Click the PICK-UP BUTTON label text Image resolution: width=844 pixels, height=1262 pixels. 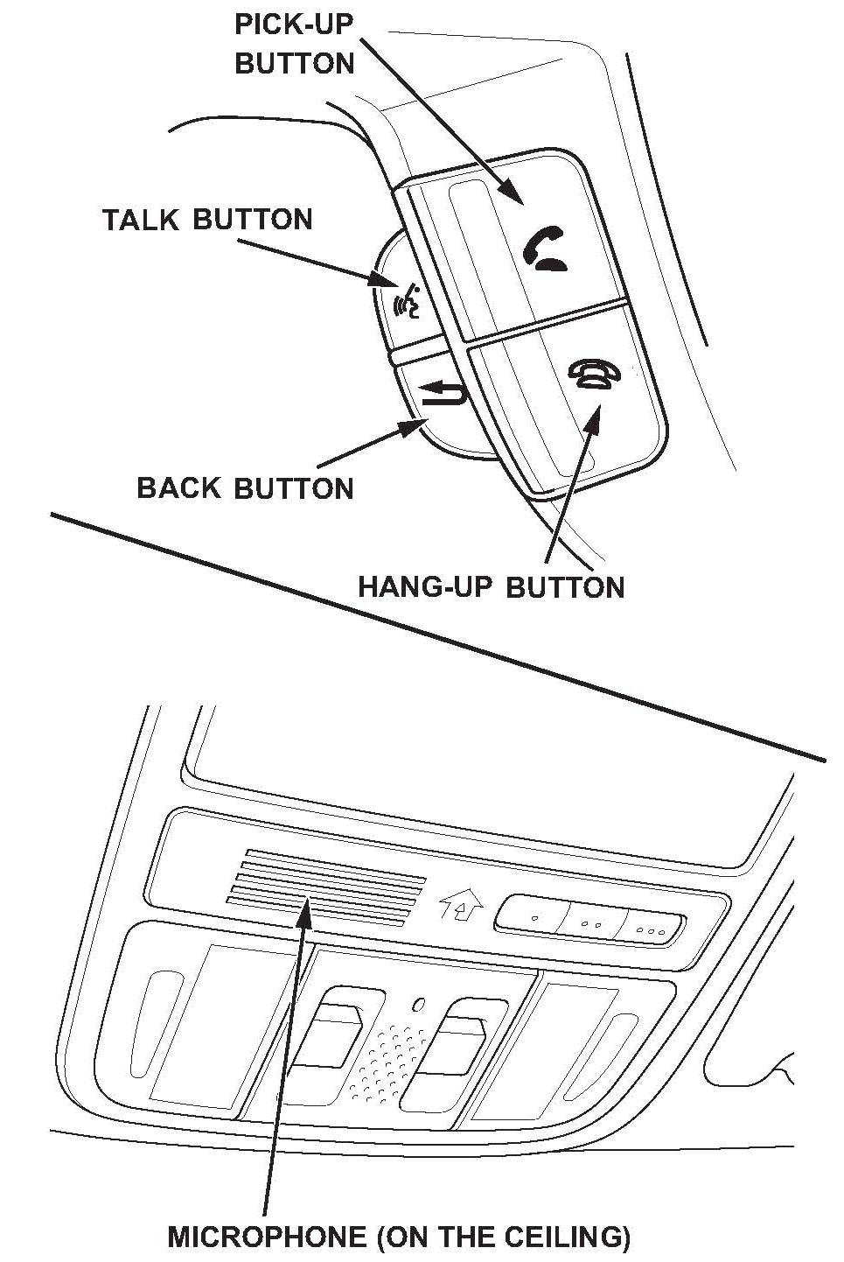pos(294,44)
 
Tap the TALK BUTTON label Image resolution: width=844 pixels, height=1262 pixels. pos(207,219)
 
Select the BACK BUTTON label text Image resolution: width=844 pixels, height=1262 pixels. pos(245,487)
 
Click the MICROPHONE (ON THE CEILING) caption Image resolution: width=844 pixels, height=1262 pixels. pos(399,1237)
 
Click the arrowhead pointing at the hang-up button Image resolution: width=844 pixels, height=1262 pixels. pos(594,418)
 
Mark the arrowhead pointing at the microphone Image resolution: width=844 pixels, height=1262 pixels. pos(303,912)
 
